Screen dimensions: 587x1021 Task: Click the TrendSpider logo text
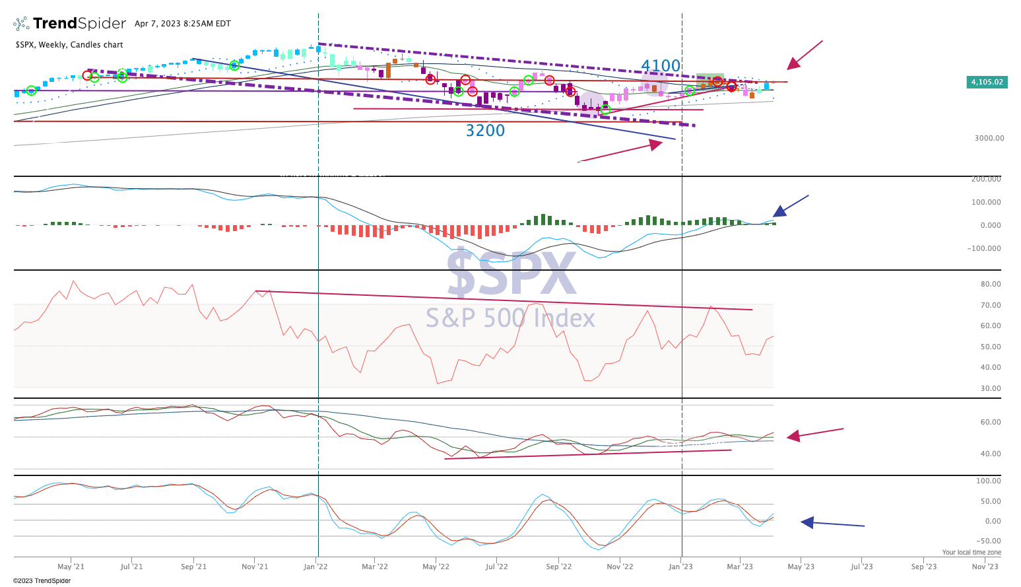(79, 24)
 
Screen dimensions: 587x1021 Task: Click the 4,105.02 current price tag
(987, 83)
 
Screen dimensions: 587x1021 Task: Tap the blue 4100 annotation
(661, 66)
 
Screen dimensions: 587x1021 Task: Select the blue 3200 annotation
(485, 131)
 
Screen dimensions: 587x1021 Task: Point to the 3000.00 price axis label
(989, 138)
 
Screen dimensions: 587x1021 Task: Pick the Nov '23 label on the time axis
(984, 567)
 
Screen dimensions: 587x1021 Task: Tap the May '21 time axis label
(71, 567)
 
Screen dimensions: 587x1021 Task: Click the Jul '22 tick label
(496, 567)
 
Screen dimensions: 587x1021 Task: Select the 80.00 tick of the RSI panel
(991, 285)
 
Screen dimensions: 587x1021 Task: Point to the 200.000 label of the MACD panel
(986, 179)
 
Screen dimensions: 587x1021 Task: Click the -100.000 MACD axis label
(984, 249)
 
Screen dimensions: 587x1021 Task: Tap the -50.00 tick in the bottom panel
(989, 541)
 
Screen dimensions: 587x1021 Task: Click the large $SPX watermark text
(511, 274)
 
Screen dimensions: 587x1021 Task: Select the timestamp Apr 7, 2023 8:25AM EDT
(183, 24)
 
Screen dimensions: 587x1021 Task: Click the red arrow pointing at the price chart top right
(804, 55)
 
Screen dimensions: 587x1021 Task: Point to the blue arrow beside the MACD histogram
(791, 206)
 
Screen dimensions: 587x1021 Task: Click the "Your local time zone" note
(971, 553)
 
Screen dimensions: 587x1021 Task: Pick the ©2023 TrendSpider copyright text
(42, 581)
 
